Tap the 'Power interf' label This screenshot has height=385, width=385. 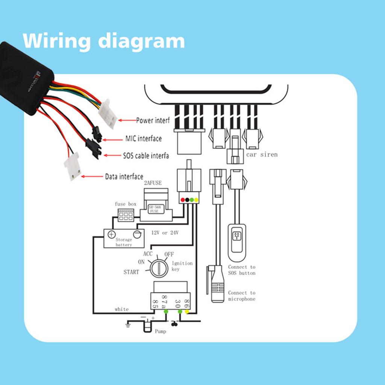152,120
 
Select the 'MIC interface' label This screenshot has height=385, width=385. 143,139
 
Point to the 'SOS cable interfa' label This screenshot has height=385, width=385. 146,155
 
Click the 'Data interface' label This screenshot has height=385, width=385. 124,176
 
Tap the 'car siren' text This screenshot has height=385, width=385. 262,155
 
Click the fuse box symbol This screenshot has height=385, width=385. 126,215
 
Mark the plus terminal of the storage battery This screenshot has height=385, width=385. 111,235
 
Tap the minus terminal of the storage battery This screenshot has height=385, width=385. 137,235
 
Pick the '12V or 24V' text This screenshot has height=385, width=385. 165,233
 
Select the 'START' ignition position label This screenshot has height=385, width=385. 131,272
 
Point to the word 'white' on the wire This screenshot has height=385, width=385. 121,309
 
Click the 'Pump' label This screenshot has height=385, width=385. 161,332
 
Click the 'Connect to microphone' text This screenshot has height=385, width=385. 241,296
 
